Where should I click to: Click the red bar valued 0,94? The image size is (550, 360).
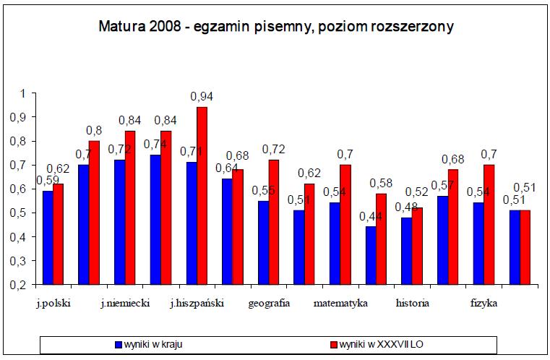[202, 195]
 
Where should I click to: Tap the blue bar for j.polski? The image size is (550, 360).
[48, 238]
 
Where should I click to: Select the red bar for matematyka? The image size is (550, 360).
[345, 224]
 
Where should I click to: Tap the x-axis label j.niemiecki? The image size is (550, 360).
[125, 303]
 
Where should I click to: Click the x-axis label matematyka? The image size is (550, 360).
[340, 303]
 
